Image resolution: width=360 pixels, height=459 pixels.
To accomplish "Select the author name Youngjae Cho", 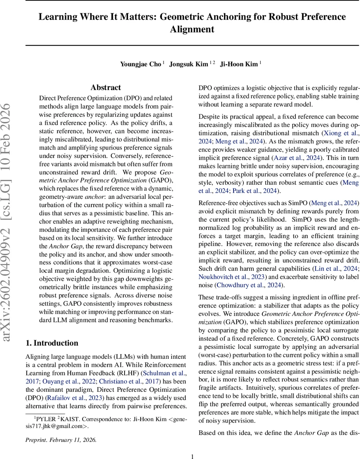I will [x=140, y=64].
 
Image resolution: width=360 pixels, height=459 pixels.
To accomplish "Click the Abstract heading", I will [x=106, y=88].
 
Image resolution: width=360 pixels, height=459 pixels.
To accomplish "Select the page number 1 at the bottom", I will [x=192, y=456].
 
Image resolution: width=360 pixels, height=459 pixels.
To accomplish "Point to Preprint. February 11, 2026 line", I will [x=61, y=440].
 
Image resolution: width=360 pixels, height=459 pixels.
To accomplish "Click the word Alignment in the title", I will [x=192, y=29].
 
